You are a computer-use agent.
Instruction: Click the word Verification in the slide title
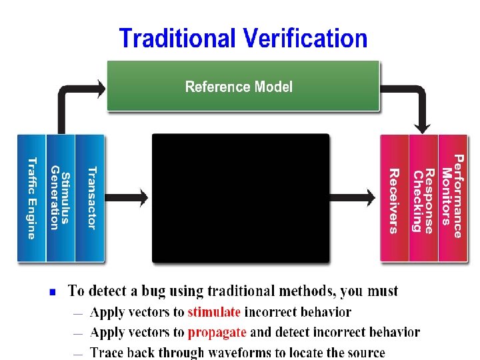point(305,38)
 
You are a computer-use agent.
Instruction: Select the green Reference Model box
point(243,87)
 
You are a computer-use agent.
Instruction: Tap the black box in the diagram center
point(241,198)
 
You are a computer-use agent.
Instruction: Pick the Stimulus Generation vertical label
point(60,198)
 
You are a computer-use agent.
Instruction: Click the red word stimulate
point(214,312)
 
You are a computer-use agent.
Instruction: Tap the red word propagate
point(217,332)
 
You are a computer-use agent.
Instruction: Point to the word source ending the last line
point(366,352)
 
